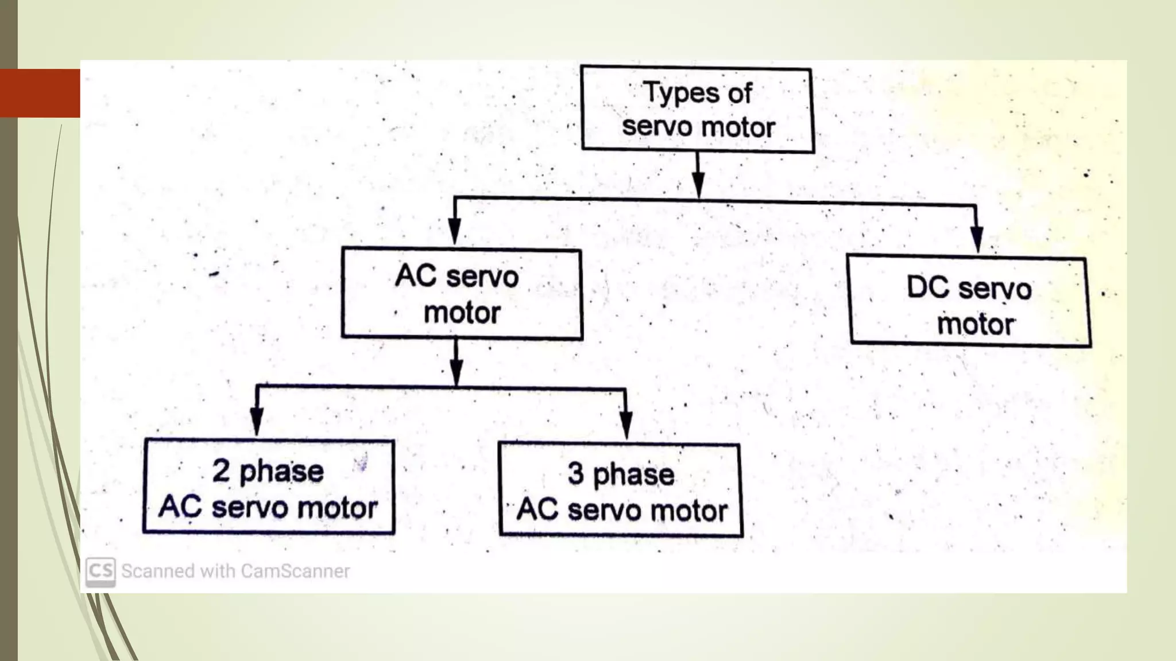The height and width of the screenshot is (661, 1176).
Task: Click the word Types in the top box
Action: point(681,94)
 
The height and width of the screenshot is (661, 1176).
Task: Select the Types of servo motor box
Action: point(697,110)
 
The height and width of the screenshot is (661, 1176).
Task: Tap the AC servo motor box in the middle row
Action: point(461,293)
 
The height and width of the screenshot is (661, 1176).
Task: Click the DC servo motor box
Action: point(969,301)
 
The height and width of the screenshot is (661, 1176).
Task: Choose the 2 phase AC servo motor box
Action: point(268,487)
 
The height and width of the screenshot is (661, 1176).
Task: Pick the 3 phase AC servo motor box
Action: point(620,490)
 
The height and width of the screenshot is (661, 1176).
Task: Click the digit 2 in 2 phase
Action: point(221,471)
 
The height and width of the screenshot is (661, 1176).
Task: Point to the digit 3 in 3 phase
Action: point(576,474)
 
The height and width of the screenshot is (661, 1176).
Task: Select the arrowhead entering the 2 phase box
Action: point(257,422)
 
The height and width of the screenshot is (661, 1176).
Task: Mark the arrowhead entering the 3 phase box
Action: point(626,425)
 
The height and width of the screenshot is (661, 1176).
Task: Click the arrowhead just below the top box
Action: point(698,184)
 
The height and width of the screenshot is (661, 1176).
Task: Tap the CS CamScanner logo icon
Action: point(100,571)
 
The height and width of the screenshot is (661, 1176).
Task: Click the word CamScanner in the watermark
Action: point(295,571)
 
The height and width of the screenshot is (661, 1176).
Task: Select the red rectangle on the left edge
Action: point(40,93)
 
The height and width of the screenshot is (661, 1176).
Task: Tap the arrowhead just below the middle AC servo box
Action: point(456,372)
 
